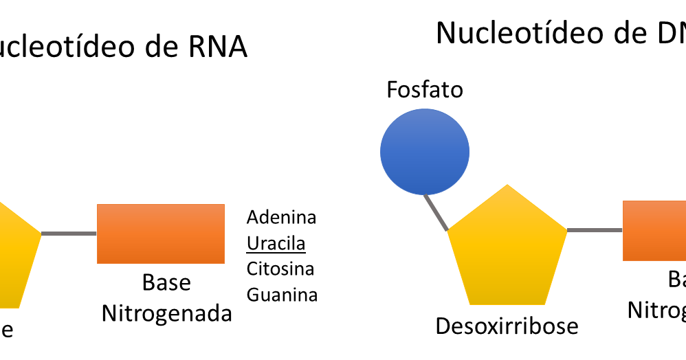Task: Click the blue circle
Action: (x=425, y=151)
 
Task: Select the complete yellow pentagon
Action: (x=507, y=251)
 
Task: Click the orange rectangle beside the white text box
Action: (x=161, y=234)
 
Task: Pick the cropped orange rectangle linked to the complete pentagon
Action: (x=654, y=231)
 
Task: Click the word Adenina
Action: (x=281, y=218)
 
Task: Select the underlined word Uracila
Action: (x=276, y=244)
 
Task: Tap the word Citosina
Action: (x=280, y=269)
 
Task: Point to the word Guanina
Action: (x=282, y=295)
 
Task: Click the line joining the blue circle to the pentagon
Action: (x=435, y=212)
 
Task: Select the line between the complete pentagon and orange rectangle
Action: (x=595, y=230)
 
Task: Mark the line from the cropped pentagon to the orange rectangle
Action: (x=69, y=234)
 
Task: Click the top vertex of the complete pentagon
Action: (x=507, y=185)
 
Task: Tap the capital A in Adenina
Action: (x=252, y=218)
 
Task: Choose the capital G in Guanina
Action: (x=252, y=295)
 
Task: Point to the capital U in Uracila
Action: (x=252, y=244)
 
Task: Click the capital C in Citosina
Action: (x=252, y=269)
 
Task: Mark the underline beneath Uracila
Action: (x=276, y=253)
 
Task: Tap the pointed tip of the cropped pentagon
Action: (x=40, y=234)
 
